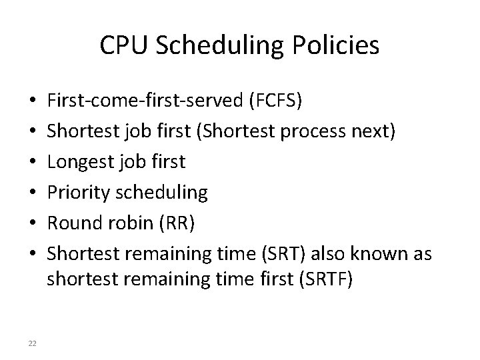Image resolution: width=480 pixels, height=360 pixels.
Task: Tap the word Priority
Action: click(x=79, y=193)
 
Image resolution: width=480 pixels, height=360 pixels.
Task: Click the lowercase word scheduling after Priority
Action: click(x=161, y=193)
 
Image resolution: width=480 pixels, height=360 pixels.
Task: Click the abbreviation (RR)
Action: click(x=176, y=223)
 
